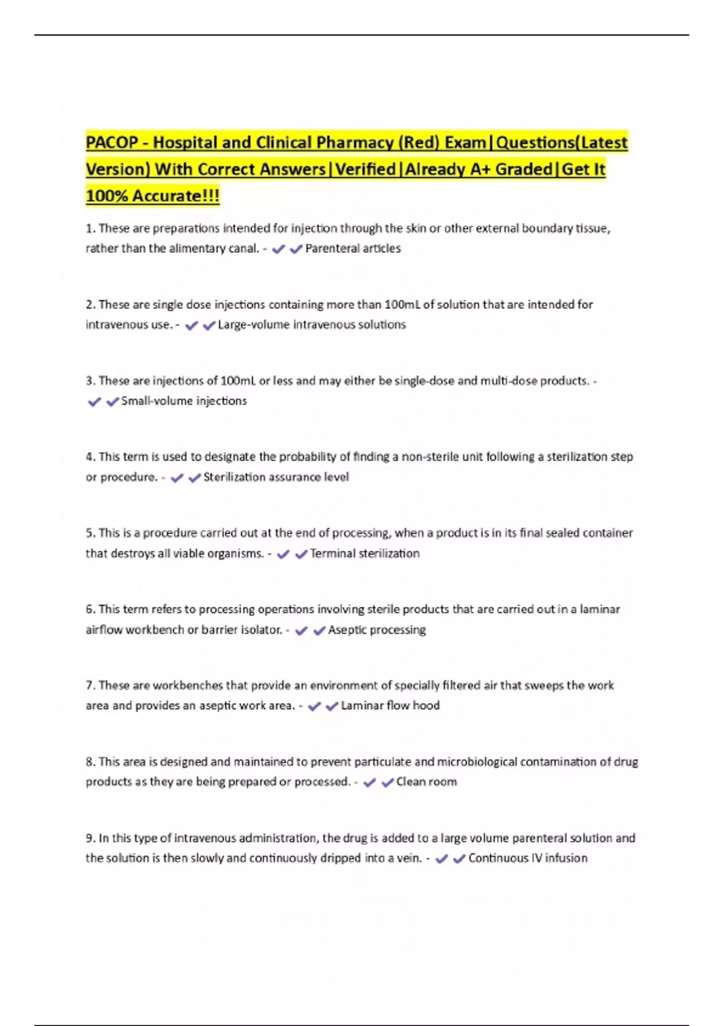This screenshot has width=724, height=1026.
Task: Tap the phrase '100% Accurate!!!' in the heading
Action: point(153,196)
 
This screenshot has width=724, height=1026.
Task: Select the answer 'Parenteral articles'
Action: point(353,249)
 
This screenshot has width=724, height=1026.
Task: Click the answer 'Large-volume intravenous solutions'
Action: point(311,325)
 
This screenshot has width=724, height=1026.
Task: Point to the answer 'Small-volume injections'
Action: point(184,401)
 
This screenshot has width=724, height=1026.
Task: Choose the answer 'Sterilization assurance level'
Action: point(276,477)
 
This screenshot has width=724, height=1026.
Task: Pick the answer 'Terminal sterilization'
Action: point(364,553)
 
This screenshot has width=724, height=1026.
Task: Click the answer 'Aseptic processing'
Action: point(376,630)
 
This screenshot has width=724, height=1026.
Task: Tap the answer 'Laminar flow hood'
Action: point(390,706)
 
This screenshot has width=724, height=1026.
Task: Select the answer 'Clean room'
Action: point(426,782)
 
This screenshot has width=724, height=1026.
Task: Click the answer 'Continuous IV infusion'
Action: point(527,858)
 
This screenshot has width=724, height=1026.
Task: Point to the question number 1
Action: point(90,229)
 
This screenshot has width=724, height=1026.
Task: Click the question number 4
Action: point(90,457)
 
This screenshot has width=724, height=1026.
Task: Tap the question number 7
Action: point(90,686)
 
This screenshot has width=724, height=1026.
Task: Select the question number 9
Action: point(90,838)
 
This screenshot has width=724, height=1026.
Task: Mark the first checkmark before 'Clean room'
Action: point(370,783)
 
